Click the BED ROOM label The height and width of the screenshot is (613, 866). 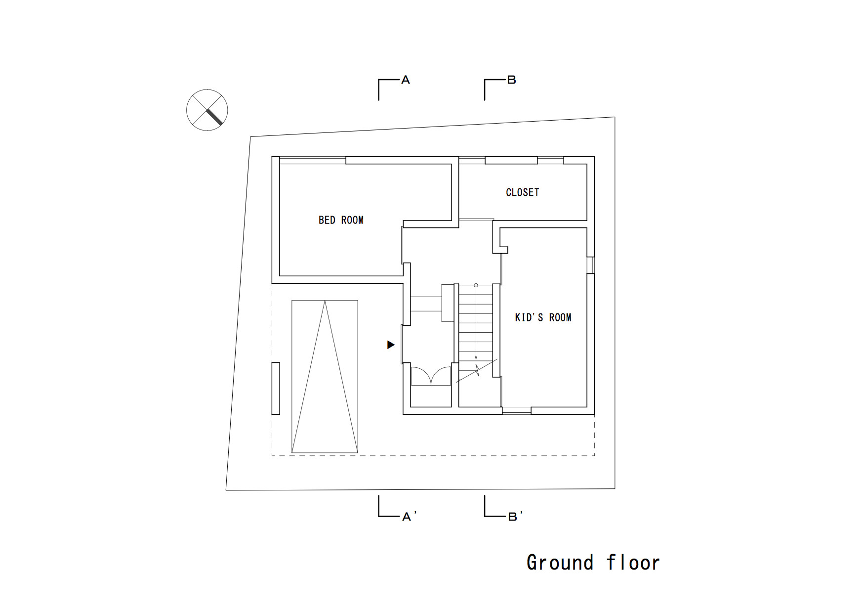[341, 220]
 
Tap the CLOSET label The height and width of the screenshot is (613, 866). [522, 192]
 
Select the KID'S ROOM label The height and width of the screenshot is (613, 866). [543, 317]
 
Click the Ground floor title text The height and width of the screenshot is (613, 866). [593, 563]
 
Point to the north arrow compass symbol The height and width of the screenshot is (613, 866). [207, 110]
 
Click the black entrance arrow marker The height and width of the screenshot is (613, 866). [391, 345]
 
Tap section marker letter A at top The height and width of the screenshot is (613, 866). [406, 80]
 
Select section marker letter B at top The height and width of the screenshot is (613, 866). [512, 80]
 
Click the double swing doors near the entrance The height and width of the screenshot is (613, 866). [431, 376]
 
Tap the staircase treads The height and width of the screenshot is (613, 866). [476, 321]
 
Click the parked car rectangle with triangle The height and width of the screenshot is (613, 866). [325, 376]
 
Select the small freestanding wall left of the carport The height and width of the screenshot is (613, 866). [276, 389]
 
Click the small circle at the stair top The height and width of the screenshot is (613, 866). [476, 285]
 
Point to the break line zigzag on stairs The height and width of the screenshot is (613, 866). [477, 370]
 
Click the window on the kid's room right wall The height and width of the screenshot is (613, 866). [590, 265]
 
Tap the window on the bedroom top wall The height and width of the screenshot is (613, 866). [312, 160]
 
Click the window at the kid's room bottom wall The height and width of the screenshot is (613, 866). [517, 410]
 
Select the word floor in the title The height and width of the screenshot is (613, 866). [633, 563]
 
